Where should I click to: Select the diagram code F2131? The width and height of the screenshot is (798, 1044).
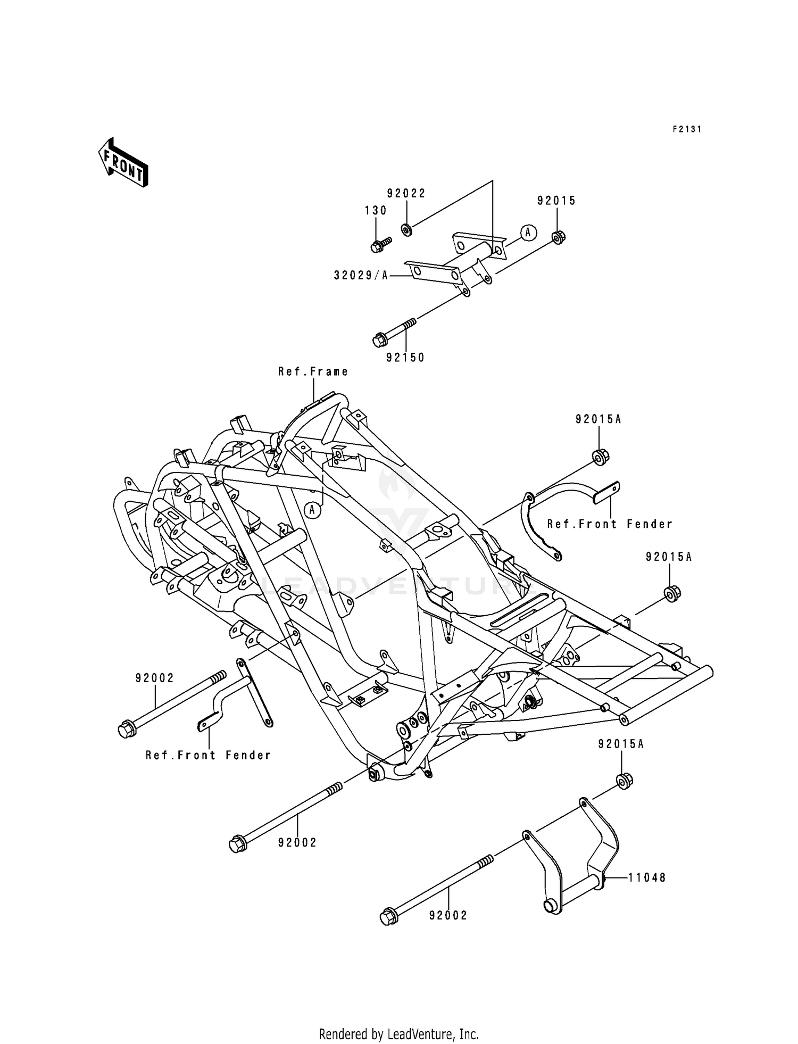click(687, 129)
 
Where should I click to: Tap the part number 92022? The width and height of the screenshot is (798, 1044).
click(406, 194)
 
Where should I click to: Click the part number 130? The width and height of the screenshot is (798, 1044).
click(376, 211)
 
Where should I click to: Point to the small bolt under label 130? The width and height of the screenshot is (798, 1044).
click(379, 245)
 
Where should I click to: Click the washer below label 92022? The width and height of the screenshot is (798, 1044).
click(406, 230)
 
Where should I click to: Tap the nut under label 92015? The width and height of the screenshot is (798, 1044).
click(558, 237)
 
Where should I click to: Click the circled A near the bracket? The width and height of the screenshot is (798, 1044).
click(528, 233)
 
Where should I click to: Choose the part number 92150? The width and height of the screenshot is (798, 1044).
click(405, 358)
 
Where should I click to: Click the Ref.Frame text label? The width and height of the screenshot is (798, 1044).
click(313, 371)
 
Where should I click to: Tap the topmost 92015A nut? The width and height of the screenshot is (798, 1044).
click(600, 457)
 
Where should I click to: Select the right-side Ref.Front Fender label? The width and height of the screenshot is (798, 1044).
click(610, 524)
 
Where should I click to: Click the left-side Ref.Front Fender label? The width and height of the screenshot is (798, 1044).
click(208, 755)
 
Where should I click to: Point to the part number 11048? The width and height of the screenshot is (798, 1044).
click(646, 877)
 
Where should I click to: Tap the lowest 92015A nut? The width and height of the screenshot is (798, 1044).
click(624, 781)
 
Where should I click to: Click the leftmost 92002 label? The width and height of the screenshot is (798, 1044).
click(154, 678)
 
